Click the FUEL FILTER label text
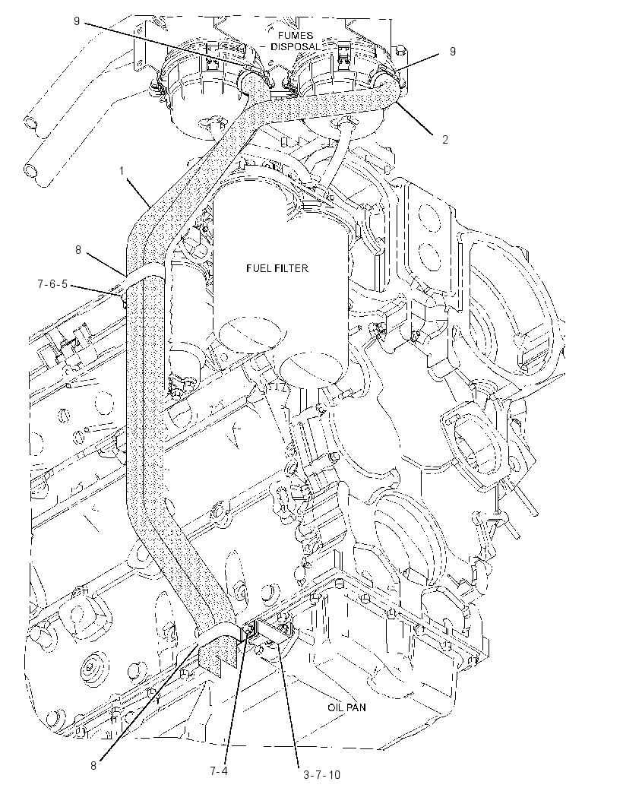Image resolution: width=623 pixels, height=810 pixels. pyautogui.click(x=277, y=268)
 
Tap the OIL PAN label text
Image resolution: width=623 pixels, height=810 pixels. pyautogui.click(x=346, y=707)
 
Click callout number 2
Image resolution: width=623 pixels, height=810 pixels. pyautogui.click(x=444, y=140)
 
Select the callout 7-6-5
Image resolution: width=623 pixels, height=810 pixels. pyautogui.click(x=52, y=283)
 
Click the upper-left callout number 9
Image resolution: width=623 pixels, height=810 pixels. pyautogui.click(x=77, y=21)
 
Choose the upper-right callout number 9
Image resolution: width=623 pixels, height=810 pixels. pyautogui.click(x=453, y=51)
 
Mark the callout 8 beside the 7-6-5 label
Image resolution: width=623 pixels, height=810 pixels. pyautogui.click(x=78, y=250)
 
